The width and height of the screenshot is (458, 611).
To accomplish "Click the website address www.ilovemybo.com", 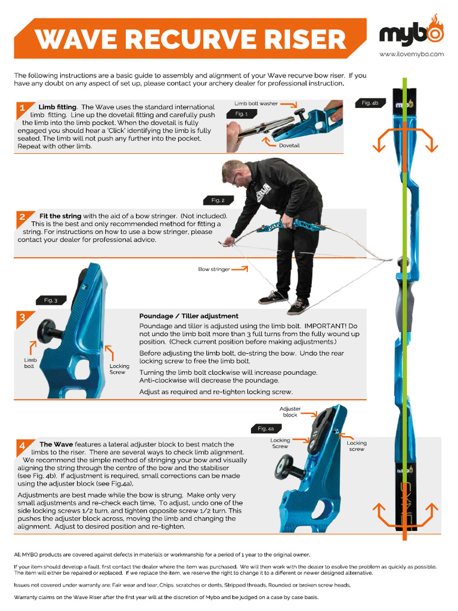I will [x=411, y=54].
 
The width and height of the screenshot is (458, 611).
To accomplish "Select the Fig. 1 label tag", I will [x=242, y=113].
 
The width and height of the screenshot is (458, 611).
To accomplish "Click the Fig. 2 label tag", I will [x=218, y=200].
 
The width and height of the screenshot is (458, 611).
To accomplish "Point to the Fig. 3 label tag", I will [x=51, y=300].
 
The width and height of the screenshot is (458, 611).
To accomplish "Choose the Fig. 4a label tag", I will [x=265, y=428].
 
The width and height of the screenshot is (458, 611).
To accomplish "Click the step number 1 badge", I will [x=22, y=109].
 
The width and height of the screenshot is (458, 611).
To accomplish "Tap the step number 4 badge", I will [x=22, y=445].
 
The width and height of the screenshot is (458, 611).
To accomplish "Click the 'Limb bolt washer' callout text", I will [x=256, y=104].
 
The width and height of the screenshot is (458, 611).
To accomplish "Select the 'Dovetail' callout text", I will [x=289, y=145].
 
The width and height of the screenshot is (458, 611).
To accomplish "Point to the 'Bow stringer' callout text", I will [x=213, y=269].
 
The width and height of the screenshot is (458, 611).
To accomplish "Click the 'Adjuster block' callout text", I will [x=290, y=412].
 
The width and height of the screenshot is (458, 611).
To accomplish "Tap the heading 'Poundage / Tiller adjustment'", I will [x=188, y=316].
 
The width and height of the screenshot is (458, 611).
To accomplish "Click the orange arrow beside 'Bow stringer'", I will [x=240, y=269].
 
